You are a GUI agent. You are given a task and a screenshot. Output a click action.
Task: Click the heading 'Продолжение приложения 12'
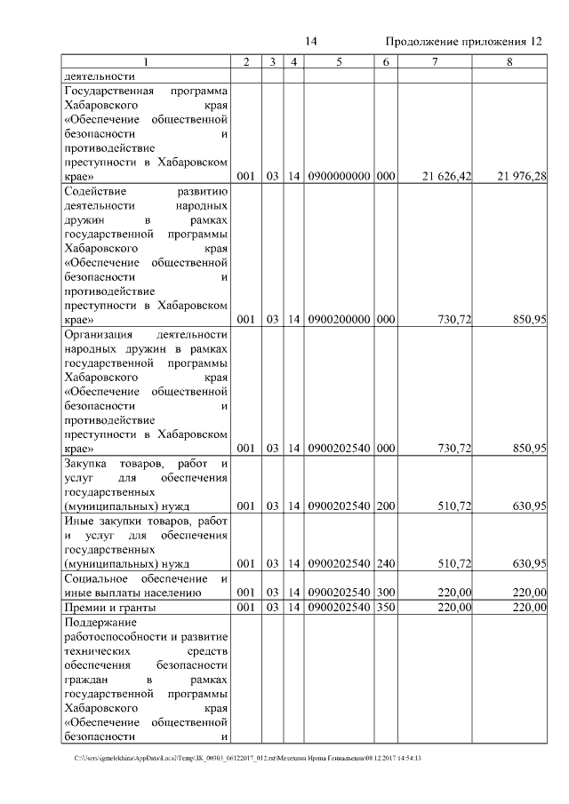point(464,42)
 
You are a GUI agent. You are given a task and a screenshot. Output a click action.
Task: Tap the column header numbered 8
point(509,61)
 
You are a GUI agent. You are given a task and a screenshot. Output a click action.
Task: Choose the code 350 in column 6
point(385,608)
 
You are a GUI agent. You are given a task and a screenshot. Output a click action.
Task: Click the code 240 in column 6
point(385,563)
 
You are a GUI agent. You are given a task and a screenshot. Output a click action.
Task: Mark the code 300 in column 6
point(385,593)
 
